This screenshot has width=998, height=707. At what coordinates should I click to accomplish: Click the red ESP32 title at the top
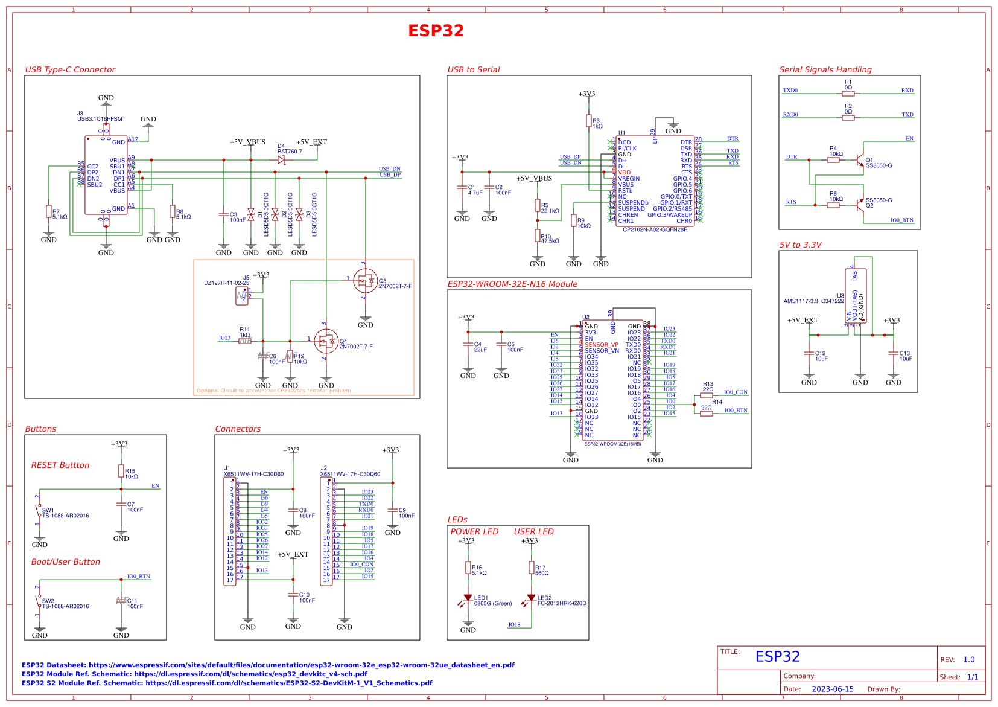tap(436, 31)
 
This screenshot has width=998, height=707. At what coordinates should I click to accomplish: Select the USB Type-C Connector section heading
tap(70, 69)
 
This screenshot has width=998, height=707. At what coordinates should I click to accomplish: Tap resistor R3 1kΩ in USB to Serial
tap(588, 121)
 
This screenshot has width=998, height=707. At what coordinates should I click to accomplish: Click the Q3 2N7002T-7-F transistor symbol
tap(365, 281)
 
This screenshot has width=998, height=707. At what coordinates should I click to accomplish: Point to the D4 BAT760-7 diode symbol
tap(281, 160)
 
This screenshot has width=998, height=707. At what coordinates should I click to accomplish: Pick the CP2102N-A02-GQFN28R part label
tap(655, 229)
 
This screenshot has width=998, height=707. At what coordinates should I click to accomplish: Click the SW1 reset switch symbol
tap(39, 512)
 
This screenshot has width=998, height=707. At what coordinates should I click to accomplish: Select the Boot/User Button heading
tap(65, 561)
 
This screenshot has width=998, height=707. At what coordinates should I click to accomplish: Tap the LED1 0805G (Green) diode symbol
tap(468, 598)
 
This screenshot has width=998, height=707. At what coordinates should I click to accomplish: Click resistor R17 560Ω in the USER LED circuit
tap(531, 568)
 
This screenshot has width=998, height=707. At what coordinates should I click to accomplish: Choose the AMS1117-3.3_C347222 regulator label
tap(813, 301)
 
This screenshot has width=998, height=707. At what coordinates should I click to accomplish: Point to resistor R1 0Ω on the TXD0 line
tap(848, 93)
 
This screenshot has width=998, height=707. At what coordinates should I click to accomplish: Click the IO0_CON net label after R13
tap(736, 392)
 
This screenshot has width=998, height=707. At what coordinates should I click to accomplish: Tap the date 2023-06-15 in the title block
tap(832, 689)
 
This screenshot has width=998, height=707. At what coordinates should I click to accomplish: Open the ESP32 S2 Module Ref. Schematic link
tap(227, 683)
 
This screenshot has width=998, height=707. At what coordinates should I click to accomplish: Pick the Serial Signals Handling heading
tap(825, 69)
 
